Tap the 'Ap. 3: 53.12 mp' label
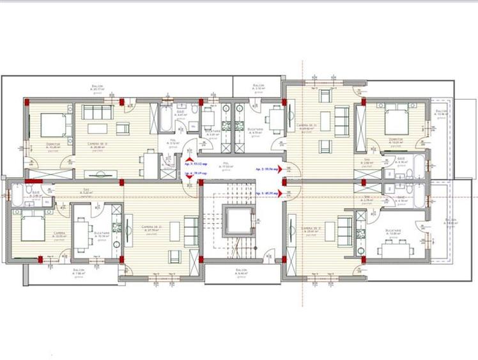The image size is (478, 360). coord(196,155)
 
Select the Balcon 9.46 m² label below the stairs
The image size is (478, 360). coord(240,272)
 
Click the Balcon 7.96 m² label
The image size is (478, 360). coord(79,272)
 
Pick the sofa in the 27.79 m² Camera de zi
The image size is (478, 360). coord(190,229)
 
